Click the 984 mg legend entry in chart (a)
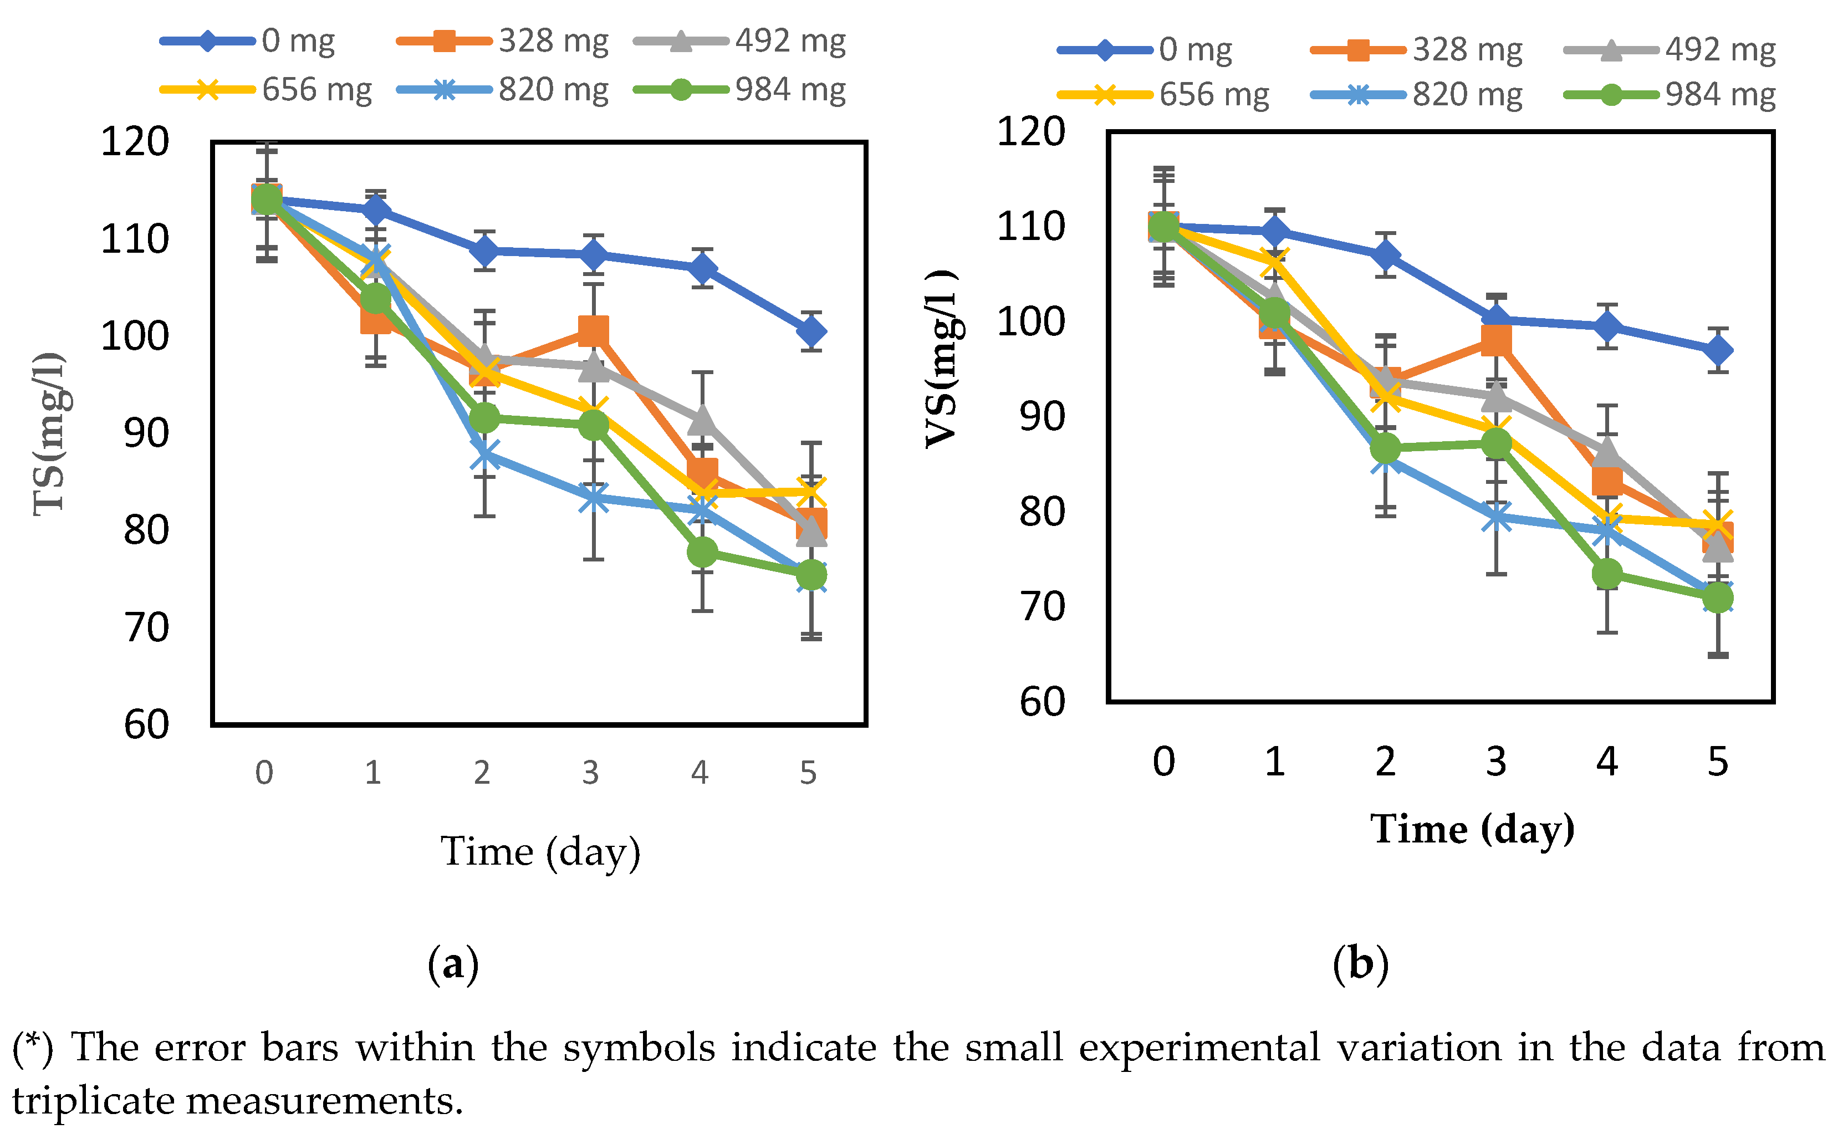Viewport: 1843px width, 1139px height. point(789,90)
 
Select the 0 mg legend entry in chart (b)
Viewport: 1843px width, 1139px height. point(1194,50)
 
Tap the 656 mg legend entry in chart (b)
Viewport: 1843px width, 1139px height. point(1213,95)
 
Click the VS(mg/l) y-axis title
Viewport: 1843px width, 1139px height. point(942,359)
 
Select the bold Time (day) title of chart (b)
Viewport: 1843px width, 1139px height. point(1472,829)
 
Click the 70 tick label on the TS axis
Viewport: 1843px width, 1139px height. point(147,627)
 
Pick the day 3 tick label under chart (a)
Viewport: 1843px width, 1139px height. point(590,773)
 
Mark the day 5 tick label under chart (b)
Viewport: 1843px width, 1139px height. point(1717,762)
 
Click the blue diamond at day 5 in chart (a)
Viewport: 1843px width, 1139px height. point(811,331)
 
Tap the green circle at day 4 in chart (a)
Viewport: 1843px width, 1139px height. point(702,552)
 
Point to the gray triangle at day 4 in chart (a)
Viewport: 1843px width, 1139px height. point(702,420)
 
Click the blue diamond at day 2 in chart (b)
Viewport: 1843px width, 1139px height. point(1385,256)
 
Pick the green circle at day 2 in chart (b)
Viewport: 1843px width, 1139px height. point(1385,449)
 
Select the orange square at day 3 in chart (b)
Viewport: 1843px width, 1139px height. point(1496,340)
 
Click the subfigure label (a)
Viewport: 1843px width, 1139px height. point(453,965)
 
